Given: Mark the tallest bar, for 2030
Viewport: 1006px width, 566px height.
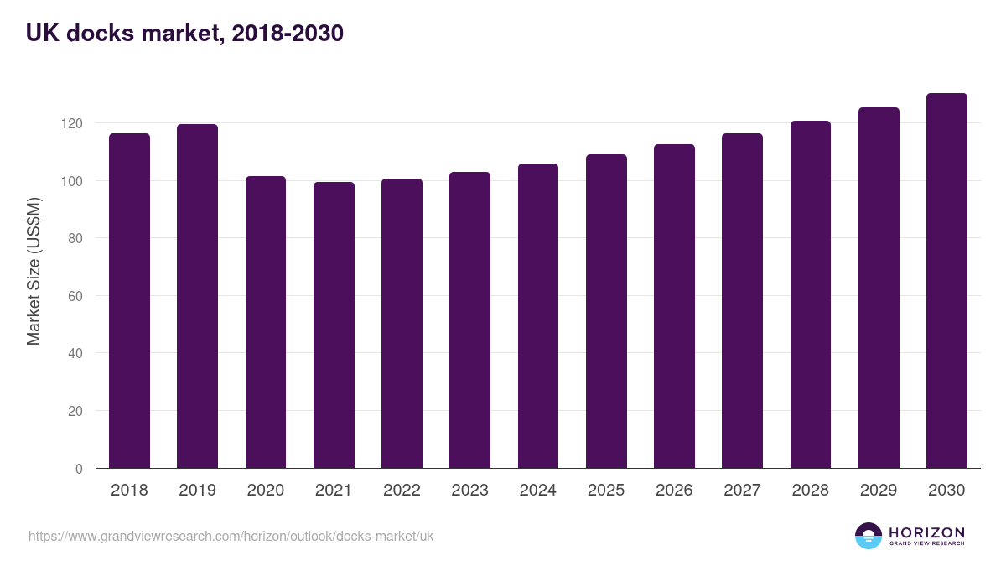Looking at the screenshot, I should pyautogui.click(x=946, y=280).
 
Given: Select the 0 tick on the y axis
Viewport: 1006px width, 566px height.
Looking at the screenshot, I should pyautogui.click(x=79, y=469).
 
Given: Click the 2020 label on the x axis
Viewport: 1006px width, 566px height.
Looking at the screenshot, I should pyautogui.click(x=266, y=491).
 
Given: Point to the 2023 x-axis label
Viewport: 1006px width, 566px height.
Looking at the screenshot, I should pyautogui.click(x=469, y=491).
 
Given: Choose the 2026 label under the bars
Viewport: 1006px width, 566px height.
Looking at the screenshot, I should pyautogui.click(x=674, y=491).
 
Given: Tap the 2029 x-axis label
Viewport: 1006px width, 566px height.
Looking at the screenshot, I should pyautogui.click(x=879, y=491).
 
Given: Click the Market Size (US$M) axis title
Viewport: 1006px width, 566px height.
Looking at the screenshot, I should pyautogui.click(x=34, y=271).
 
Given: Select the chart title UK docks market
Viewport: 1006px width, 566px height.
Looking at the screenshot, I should pyautogui.click(x=184, y=34).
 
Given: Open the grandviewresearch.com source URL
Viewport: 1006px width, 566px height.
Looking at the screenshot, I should pyautogui.click(x=231, y=536).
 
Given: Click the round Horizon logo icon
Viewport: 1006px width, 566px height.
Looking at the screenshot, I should pyautogui.click(x=869, y=536).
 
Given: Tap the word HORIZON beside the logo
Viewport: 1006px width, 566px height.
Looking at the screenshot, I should pyautogui.click(x=926, y=532).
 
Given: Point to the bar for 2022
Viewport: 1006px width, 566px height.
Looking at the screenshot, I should pyautogui.click(x=402, y=323).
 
